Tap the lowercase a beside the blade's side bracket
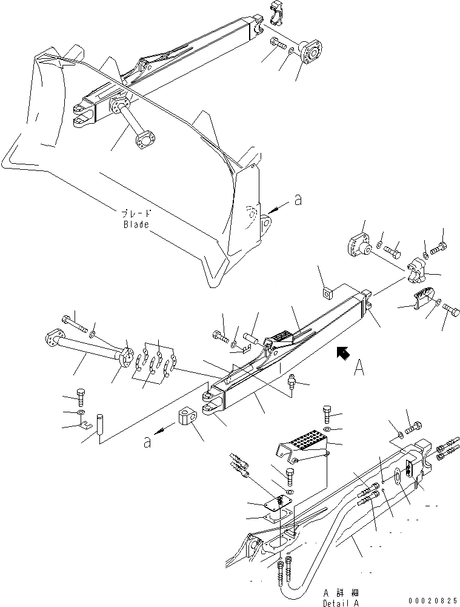(297, 201)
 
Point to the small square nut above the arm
(327, 293)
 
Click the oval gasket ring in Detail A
(396, 477)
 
